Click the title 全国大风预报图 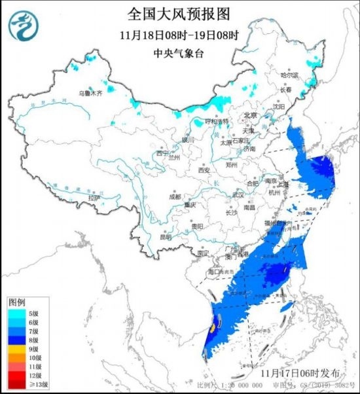(x=179, y=14)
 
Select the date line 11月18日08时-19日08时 (x=179, y=35)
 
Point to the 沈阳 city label (x=279, y=106)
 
